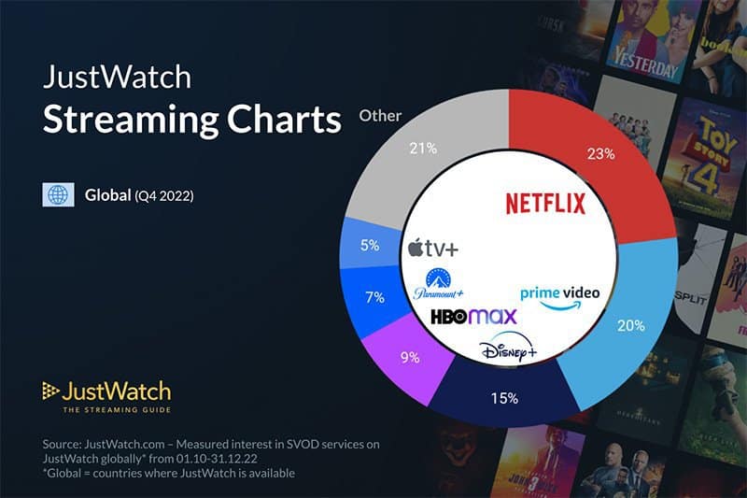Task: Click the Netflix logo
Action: click(544, 203)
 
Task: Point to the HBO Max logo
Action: click(472, 317)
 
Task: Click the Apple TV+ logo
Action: click(433, 248)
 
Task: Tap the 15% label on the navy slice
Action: click(506, 397)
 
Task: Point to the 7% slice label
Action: click(375, 298)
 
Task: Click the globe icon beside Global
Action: click(58, 195)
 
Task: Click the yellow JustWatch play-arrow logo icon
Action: click(50, 391)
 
